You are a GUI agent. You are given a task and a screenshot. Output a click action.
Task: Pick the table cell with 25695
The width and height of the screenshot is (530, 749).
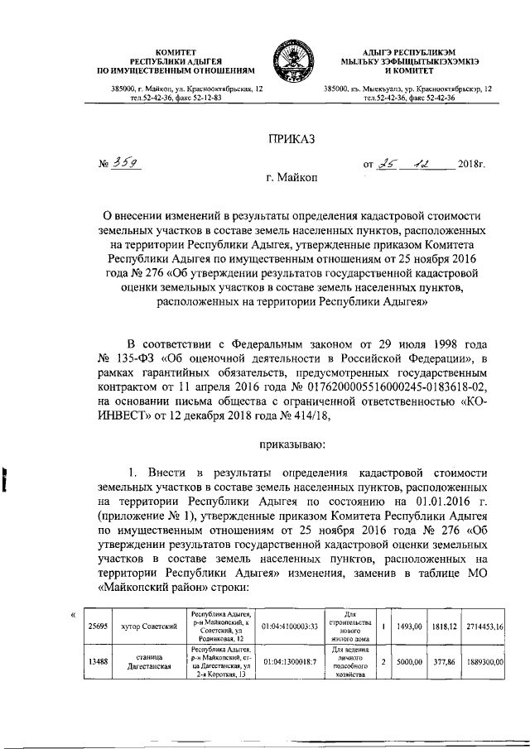point(99,628)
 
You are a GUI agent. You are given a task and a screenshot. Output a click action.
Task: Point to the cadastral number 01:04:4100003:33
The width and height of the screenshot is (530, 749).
point(291,628)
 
